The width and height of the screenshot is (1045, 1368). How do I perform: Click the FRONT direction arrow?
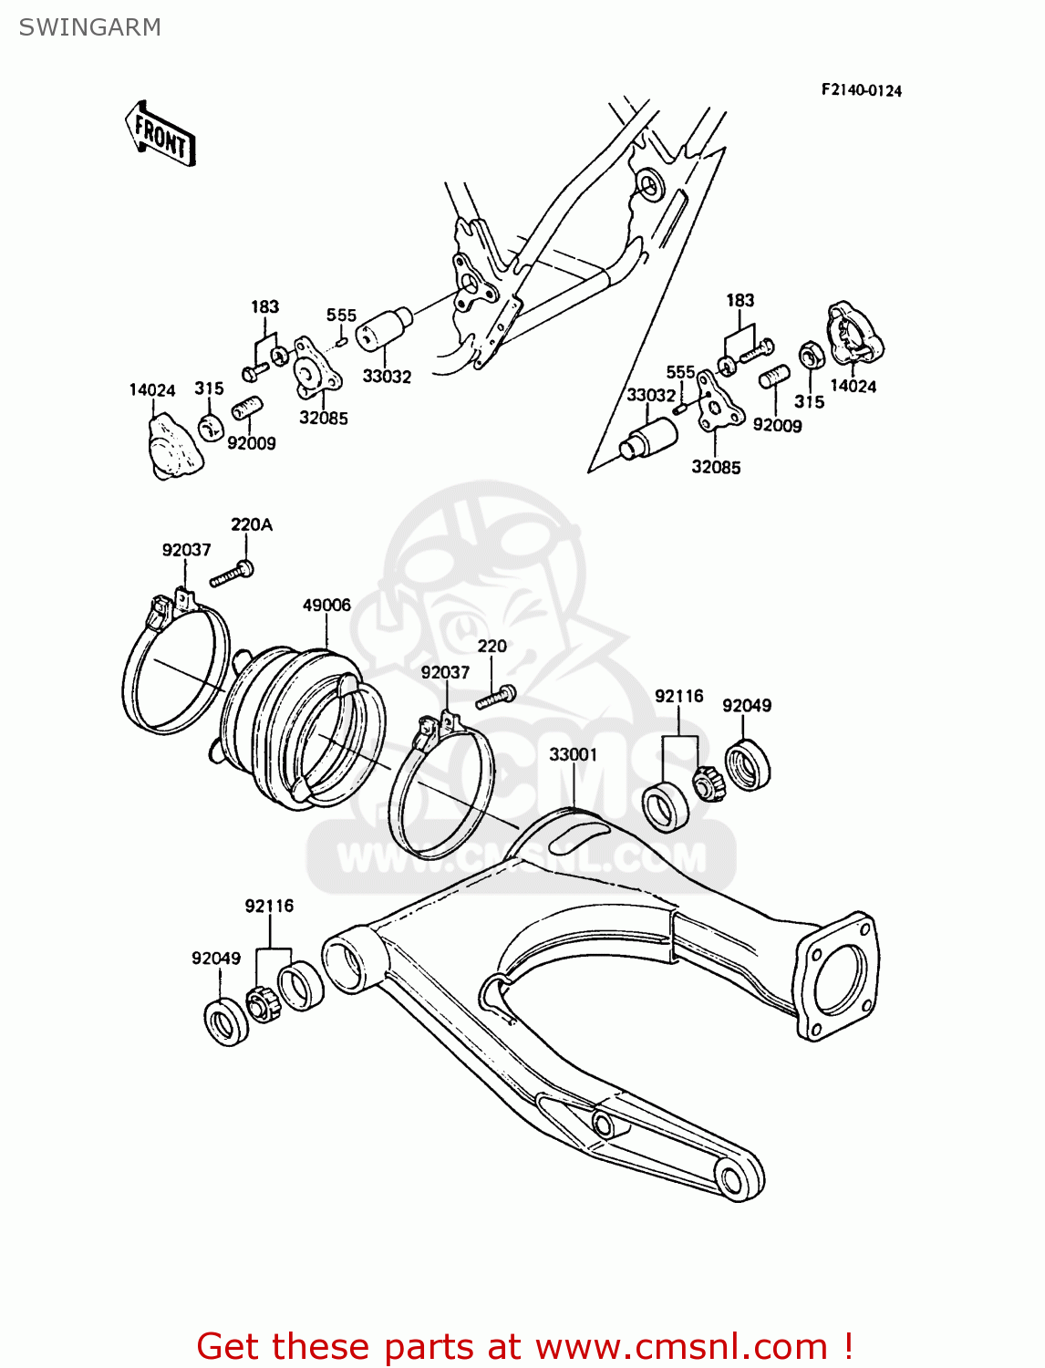pyautogui.click(x=160, y=134)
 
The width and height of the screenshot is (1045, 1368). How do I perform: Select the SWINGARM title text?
pyautogui.click(x=89, y=27)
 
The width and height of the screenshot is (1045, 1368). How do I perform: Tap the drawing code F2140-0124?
pyautogui.click(x=861, y=90)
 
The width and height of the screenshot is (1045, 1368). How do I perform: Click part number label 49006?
pyautogui.click(x=326, y=605)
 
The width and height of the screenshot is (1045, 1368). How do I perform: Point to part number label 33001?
pyautogui.click(x=573, y=754)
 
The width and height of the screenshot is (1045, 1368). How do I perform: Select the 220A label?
pyautogui.click(x=251, y=524)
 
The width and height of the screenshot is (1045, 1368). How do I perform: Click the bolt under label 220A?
pyautogui.click(x=232, y=575)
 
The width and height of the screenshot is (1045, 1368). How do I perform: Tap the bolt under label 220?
pyautogui.click(x=495, y=699)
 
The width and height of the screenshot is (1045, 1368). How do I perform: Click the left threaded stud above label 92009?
pyautogui.click(x=247, y=409)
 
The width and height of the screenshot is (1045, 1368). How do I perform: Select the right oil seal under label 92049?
pyautogui.click(x=748, y=765)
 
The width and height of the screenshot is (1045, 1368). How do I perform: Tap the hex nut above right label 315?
pyautogui.click(x=810, y=354)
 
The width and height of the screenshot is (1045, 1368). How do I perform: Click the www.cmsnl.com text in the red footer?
pyautogui.click(x=680, y=1346)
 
